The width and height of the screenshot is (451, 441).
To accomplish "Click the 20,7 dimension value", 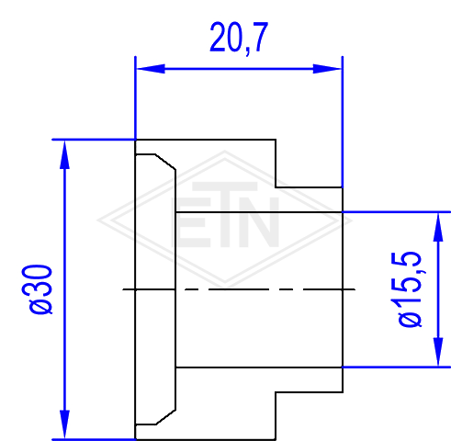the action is pyautogui.click(x=239, y=38).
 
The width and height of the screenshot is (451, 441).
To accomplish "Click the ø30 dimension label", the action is pyautogui.click(x=37, y=289).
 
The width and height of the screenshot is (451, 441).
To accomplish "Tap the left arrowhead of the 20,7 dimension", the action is pyautogui.click(x=151, y=69).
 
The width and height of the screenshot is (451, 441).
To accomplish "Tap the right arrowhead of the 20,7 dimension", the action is pyautogui.click(x=327, y=69).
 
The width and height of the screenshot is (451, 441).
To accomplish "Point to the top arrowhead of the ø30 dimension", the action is pyautogui.click(x=64, y=154).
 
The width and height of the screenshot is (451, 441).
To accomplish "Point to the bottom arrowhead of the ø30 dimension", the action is pyautogui.click(x=64, y=424).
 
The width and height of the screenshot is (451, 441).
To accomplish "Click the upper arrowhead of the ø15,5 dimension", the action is pyautogui.click(x=438, y=227).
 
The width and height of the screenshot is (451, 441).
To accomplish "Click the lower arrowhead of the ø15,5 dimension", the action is pyautogui.click(x=438, y=352).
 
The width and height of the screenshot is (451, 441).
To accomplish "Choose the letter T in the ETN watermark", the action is pyautogui.click(x=225, y=214).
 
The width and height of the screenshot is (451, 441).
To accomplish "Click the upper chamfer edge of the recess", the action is pyautogui.click(x=165, y=162).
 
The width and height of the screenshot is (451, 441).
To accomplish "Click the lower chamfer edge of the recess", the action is pyautogui.click(x=165, y=417).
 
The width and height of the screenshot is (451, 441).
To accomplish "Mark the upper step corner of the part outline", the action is pyautogui.click(x=276, y=187).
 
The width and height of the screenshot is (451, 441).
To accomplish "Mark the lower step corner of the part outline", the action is pyautogui.click(x=276, y=391).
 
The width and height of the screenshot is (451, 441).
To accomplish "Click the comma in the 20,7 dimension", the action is pyautogui.click(x=247, y=51).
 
